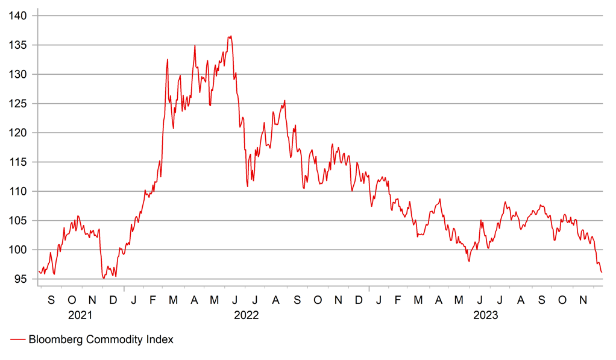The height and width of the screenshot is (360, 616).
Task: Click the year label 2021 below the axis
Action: point(81,315)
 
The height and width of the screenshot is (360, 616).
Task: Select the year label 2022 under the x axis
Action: point(247,315)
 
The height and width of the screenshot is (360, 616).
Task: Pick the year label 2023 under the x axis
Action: point(485,315)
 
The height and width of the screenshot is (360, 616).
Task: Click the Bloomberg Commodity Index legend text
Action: point(101,340)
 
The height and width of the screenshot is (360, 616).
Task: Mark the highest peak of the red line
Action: point(230,36)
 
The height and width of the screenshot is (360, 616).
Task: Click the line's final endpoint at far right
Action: point(602,273)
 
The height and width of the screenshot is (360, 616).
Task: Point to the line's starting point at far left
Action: point(39,271)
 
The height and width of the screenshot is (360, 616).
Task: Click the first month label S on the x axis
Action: point(51,300)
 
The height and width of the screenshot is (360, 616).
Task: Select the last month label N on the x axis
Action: point(583,300)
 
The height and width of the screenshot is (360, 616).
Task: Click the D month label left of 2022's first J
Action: point(113,300)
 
